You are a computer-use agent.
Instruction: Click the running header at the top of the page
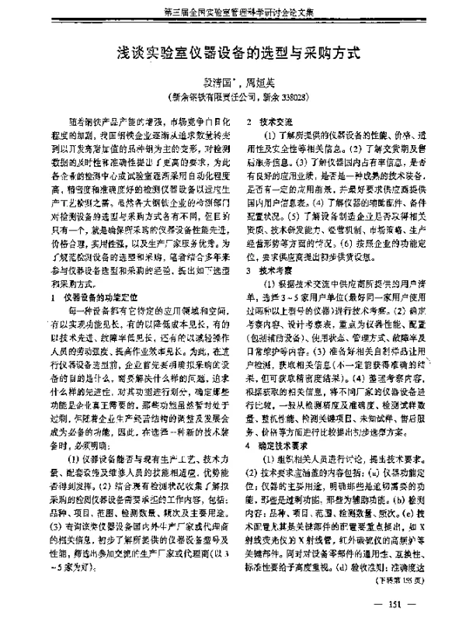coord(234,12)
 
